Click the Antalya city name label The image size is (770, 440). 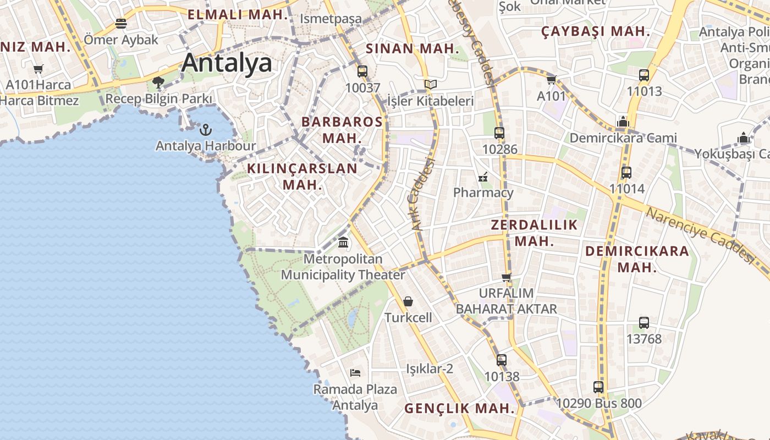click(x=227, y=63)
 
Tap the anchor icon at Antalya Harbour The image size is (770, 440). click(x=205, y=130)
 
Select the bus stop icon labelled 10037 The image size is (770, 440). click(x=362, y=71)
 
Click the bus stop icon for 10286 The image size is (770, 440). click(x=499, y=133)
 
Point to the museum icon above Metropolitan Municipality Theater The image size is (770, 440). click(x=344, y=242)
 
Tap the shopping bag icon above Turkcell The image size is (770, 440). click(x=408, y=301)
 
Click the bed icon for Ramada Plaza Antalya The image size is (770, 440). click(x=355, y=373)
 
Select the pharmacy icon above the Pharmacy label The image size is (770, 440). click(x=483, y=177)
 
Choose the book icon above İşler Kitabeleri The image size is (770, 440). click(x=431, y=84)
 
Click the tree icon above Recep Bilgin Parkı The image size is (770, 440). click(x=158, y=82)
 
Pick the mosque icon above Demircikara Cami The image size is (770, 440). click(x=623, y=121)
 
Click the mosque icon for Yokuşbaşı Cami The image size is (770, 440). click(x=744, y=137)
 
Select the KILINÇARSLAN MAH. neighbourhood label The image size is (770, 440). click(x=302, y=176)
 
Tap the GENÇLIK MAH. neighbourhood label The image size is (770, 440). click(x=459, y=409)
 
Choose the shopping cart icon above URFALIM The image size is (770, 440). click(x=507, y=277)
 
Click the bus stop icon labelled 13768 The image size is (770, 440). click(x=644, y=323)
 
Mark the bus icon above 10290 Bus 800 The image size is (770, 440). click(x=598, y=387)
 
